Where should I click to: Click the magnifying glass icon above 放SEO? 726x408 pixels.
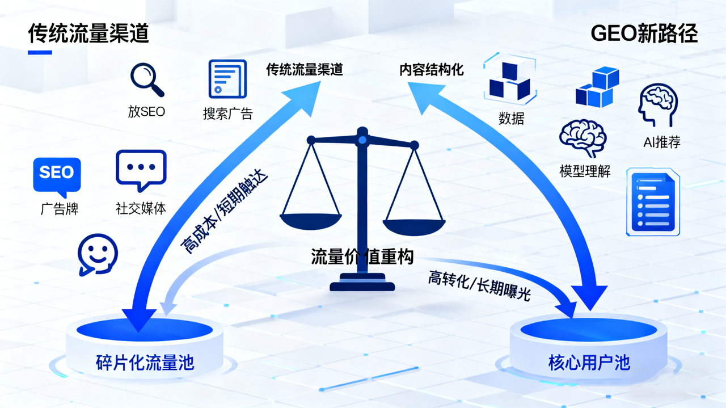147,80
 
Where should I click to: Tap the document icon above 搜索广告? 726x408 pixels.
227,79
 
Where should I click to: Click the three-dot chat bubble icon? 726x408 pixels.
141,170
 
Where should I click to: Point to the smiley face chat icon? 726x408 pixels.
98,255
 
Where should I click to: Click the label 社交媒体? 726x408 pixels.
141,209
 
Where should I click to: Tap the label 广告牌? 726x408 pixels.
60,209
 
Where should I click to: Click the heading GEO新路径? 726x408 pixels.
644,33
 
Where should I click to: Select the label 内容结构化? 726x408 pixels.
432,70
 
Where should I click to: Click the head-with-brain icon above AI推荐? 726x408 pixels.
658,105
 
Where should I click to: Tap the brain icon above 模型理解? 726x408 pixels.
583,137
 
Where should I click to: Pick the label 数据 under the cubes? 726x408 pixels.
511,118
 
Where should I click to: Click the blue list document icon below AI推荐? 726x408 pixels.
653,201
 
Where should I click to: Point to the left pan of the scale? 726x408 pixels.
311,221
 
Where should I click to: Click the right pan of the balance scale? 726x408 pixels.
414,227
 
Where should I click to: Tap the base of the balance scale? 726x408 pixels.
362,282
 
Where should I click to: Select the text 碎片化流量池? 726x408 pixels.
145,363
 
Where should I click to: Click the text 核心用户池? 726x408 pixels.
589,363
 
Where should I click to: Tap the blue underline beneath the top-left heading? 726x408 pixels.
40,53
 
